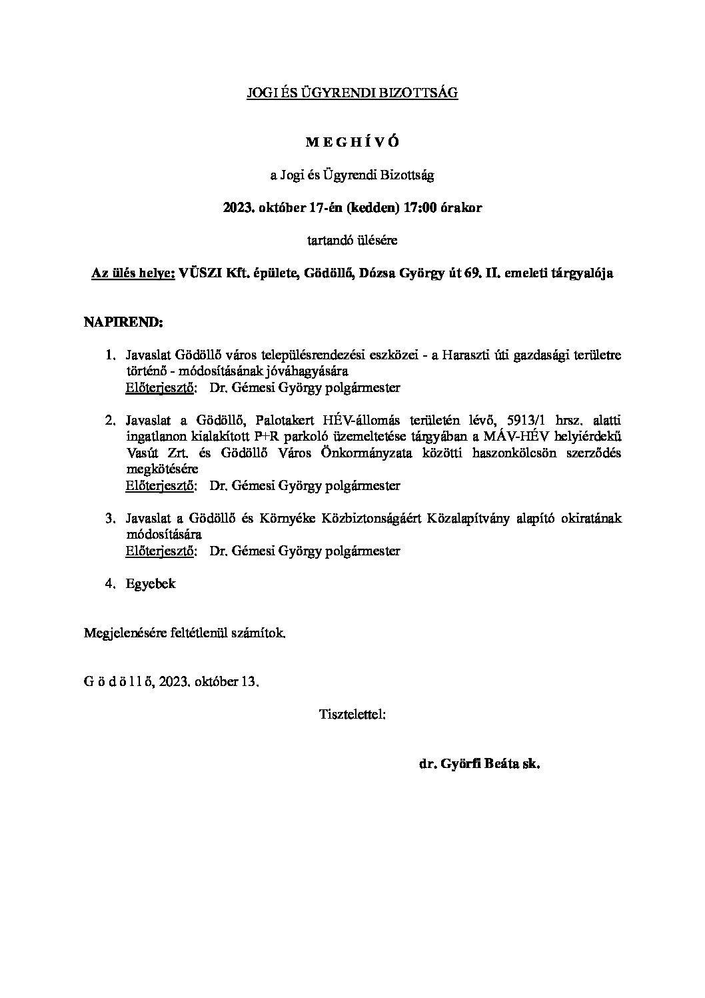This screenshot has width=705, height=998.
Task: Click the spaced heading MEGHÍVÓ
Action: tap(352, 143)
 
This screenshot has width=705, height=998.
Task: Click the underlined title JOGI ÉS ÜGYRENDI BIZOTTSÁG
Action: tap(352, 94)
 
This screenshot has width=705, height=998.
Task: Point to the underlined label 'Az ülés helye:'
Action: tap(133, 273)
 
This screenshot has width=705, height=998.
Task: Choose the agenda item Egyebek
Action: tap(151, 584)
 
